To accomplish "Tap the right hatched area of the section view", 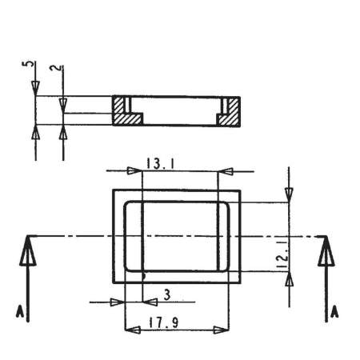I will [229, 112].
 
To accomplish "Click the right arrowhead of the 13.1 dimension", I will [226, 170].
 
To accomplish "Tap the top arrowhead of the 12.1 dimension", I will [290, 195].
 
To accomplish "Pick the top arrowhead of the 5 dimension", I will [34, 92].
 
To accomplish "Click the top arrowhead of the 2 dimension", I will [63, 105].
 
